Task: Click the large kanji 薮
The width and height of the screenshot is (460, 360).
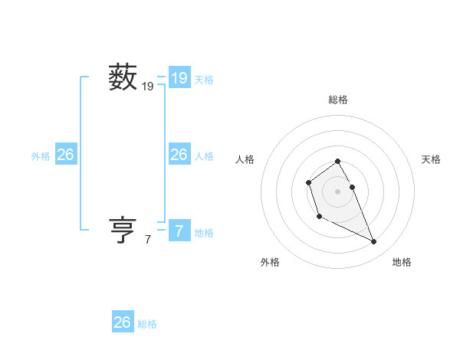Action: click(x=123, y=77)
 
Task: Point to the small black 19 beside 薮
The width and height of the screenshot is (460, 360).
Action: click(x=148, y=87)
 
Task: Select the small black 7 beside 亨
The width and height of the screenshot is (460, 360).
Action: click(x=148, y=240)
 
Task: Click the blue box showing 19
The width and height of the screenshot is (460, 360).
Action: click(x=179, y=77)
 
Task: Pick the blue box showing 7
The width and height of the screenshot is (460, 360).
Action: click(x=179, y=231)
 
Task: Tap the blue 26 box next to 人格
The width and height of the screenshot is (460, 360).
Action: click(x=179, y=155)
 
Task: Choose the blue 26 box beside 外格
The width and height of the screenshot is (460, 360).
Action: click(x=65, y=155)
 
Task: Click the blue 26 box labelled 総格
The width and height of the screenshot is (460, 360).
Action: click(x=123, y=322)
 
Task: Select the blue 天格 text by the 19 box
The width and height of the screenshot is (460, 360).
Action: click(x=204, y=79)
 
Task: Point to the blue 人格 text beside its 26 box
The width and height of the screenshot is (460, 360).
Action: click(x=204, y=156)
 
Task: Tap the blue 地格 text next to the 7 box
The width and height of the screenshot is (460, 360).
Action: click(x=204, y=233)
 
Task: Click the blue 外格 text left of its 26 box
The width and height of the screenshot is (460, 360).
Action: click(x=41, y=156)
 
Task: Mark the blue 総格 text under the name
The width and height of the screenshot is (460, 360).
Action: click(x=147, y=324)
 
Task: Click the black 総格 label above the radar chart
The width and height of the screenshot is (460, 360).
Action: click(x=338, y=100)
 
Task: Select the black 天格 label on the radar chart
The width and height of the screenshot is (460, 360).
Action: click(x=431, y=159)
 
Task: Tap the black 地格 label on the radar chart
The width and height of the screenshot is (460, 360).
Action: click(x=402, y=262)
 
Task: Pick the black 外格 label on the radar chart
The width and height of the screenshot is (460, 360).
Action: click(x=270, y=262)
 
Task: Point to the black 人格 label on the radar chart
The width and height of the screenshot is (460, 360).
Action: click(x=245, y=159)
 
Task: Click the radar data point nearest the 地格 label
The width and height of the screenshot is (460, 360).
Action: click(x=374, y=242)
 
